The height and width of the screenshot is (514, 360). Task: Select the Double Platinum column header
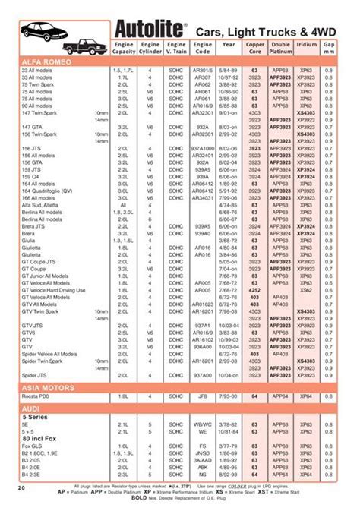pyautogui.click(x=281, y=50)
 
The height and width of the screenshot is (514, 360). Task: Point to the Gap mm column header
pyautogui.click(x=329, y=50)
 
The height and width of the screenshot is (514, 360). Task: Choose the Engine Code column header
pyautogui.click(x=202, y=50)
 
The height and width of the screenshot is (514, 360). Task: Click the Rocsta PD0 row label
pyautogui.click(x=39, y=396)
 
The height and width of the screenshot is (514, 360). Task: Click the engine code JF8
pyautogui.click(x=202, y=396)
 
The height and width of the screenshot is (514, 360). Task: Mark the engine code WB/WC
pyautogui.click(x=202, y=424)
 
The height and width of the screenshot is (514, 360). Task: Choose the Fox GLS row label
pyautogui.click(x=34, y=445)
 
